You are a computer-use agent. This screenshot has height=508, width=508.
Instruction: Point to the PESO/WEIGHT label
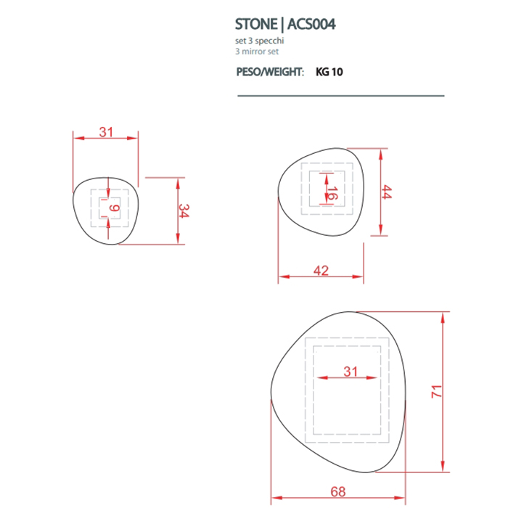coord(270,73)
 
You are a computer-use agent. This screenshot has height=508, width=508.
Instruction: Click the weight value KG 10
coord(329,73)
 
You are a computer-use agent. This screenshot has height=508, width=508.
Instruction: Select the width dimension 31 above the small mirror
coord(107,132)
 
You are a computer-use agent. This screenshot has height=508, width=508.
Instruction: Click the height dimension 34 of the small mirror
coord(184,211)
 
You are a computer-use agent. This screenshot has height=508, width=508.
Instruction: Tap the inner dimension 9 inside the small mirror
coord(113,210)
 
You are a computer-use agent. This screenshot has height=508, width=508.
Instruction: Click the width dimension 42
coord(321,271)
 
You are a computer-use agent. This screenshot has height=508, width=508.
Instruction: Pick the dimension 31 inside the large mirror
coord(351,372)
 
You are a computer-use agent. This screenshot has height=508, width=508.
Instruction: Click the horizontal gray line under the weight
coord(340,96)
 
